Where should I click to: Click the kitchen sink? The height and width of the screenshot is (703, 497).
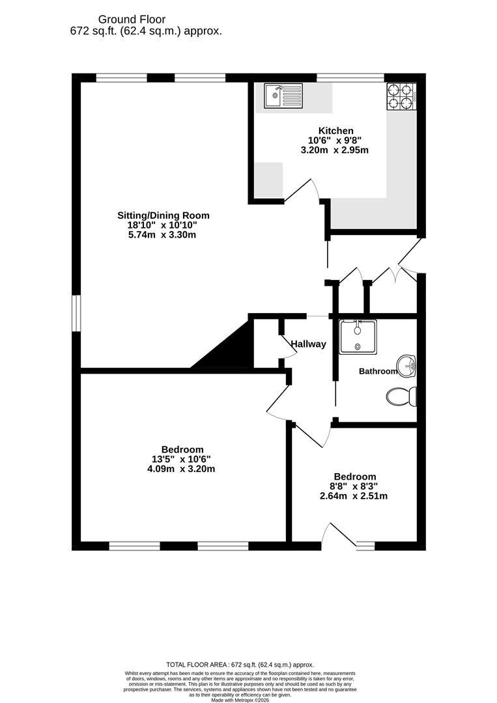tap(283, 96)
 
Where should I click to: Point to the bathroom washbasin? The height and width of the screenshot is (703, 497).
tap(408, 366)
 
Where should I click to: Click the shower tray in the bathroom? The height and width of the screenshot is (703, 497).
tap(357, 336)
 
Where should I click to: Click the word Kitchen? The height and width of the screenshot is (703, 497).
tap(335, 131)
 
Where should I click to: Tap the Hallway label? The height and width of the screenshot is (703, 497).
tap(308, 344)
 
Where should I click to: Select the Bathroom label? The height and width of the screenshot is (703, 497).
tap(378, 371)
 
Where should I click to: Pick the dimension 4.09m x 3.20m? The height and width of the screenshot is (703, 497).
tap(182, 468)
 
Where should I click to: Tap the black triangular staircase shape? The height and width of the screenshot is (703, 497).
tap(231, 348)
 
